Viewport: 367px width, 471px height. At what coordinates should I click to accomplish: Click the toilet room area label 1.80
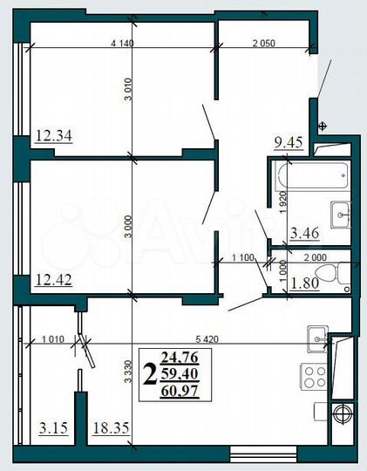point(303,283)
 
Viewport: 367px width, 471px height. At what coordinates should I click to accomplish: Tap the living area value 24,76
point(181,356)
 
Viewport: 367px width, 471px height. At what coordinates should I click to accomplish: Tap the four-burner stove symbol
point(313,378)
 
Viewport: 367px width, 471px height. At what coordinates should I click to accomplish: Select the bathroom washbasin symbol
point(341,210)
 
